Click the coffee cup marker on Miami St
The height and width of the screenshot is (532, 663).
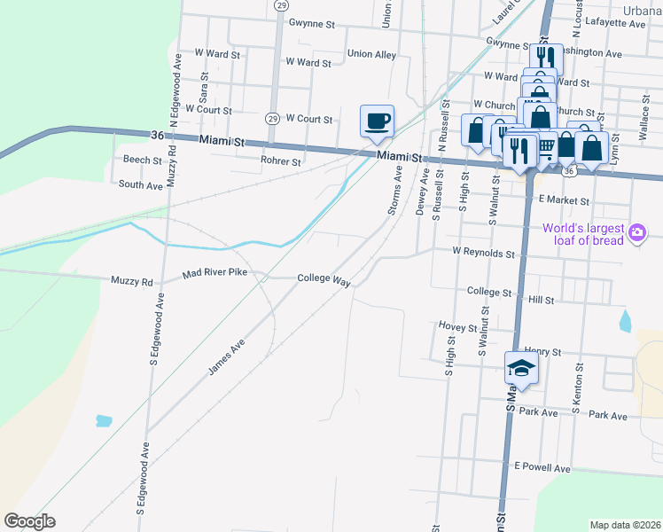377,120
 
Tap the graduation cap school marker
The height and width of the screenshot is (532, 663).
522,368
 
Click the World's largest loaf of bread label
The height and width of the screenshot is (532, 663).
581,233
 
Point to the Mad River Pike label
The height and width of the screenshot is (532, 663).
214,274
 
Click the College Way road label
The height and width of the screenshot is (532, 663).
324,278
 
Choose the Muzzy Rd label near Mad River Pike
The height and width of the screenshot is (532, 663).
132,281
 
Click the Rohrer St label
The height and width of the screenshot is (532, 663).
281,162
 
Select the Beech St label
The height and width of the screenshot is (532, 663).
143,161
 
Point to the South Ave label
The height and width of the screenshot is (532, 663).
141,185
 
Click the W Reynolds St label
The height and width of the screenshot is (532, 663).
483,253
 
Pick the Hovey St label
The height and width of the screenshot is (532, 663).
457,326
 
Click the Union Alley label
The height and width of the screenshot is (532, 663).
371,54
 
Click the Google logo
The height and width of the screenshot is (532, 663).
29,521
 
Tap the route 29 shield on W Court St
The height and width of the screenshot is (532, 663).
272,119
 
